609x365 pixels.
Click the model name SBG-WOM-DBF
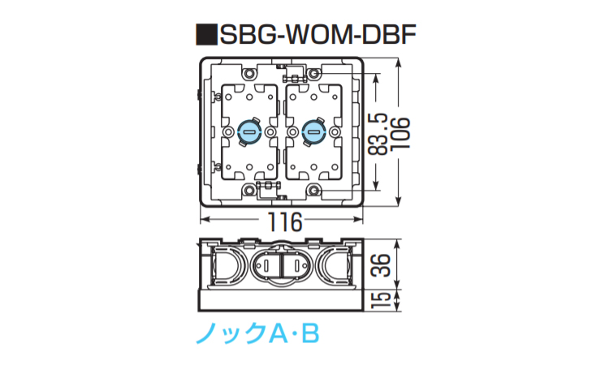(x=319, y=36)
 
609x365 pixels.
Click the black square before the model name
(x=205, y=36)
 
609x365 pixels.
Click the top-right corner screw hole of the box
(x=313, y=74)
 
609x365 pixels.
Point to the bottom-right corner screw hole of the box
(x=313, y=190)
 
